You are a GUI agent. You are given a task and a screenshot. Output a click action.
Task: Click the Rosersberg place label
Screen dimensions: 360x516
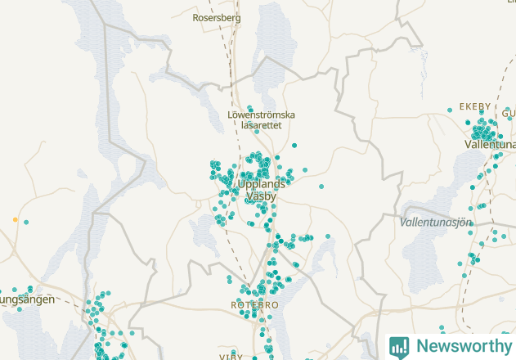click(x=217, y=17)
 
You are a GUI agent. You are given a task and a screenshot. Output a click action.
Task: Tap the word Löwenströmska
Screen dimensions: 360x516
click(x=261, y=115)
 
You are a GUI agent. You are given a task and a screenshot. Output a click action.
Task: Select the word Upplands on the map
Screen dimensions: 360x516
click(x=262, y=184)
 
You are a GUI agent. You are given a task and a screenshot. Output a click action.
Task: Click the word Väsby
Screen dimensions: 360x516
click(x=261, y=196)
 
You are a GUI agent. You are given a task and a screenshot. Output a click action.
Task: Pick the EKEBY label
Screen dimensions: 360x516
click(x=475, y=106)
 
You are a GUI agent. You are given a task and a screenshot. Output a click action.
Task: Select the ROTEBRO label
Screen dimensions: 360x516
click(x=255, y=305)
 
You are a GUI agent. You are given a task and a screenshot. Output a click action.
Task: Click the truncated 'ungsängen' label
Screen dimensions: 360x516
click(x=27, y=299)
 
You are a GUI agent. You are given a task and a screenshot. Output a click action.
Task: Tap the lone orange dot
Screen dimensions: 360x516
click(x=15, y=220)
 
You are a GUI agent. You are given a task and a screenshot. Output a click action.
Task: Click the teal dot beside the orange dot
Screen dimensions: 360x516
click(x=26, y=222)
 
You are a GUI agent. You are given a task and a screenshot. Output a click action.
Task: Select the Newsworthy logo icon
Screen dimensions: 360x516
click(x=399, y=346)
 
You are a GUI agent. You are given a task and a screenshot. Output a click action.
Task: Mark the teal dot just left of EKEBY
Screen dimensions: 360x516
click(x=451, y=110)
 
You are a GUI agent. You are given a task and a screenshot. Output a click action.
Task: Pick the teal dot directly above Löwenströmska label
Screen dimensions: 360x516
click(x=249, y=107)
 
